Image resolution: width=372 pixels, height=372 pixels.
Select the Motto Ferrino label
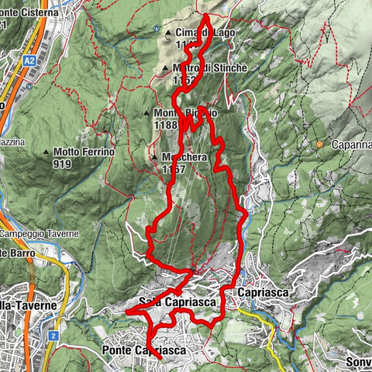pyautogui.click(x=84, y=152)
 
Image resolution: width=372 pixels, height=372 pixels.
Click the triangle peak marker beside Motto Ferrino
pyautogui.click(x=46, y=153)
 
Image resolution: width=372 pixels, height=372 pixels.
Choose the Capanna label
pyautogui.click(x=349, y=144)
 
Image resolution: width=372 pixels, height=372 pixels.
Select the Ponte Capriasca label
pyautogui.click(x=144, y=351)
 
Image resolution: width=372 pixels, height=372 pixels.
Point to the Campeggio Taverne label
pyautogui.click(x=39, y=234)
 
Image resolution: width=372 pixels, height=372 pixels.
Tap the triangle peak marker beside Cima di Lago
pyautogui.click(x=169, y=33)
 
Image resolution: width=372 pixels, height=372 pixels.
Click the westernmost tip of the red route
pyautogui.click(x=126, y=311)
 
